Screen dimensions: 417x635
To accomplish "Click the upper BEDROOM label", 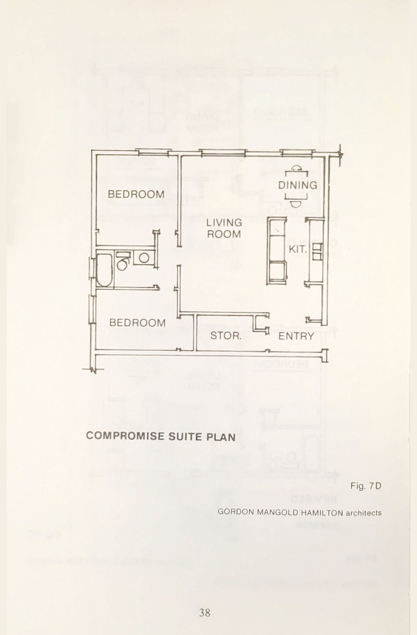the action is (x=136, y=194).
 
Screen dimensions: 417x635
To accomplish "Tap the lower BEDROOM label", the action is (x=137, y=323).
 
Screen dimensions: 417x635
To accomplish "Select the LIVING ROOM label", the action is (x=224, y=229).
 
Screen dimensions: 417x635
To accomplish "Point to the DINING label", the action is (x=298, y=185).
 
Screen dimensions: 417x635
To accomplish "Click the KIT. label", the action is (x=298, y=250).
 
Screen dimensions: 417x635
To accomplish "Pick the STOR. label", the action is (x=226, y=336).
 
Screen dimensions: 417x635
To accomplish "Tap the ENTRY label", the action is (x=296, y=336).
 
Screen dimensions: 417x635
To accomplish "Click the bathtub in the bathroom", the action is (x=105, y=269).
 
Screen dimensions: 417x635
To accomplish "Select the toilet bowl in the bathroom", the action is (x=123, y=264).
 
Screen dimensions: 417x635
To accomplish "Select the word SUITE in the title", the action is (x=185, y=436).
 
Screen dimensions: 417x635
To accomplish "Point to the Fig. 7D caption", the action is (x=366, y=486).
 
